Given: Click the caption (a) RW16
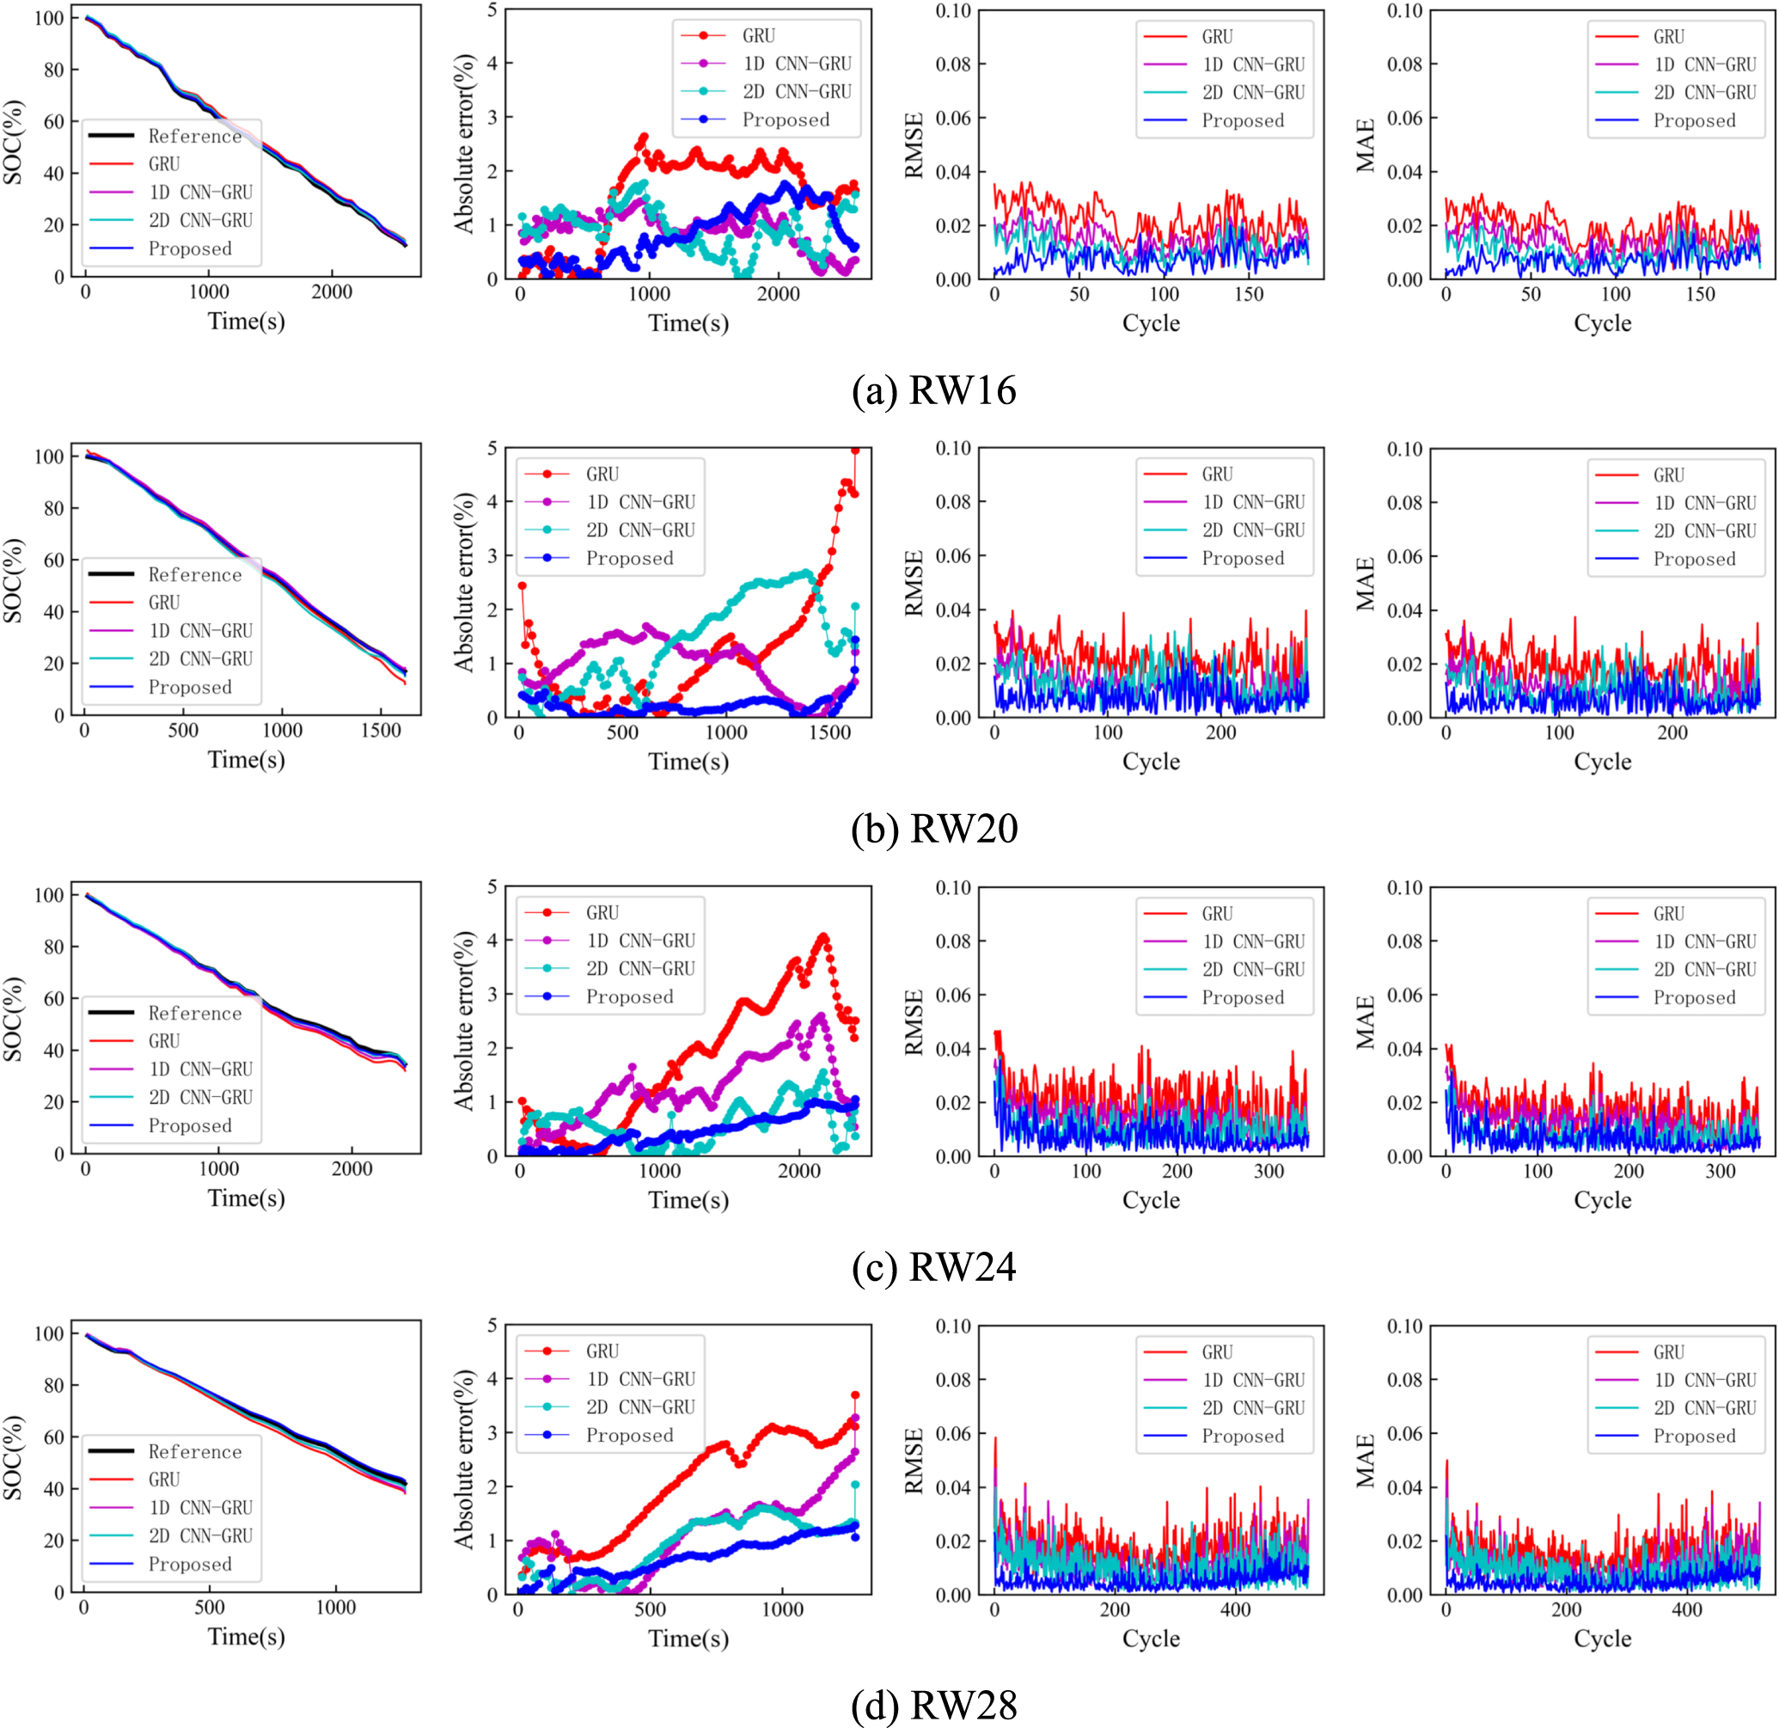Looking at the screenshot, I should (934, 390).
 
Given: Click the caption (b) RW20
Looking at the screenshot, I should (934, 828).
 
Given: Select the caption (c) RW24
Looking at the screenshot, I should (934, 1266).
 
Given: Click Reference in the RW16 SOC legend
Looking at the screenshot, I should (194, 136).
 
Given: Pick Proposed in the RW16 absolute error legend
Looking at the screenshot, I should (786, 119).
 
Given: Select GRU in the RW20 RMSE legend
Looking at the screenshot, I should (1217, 474).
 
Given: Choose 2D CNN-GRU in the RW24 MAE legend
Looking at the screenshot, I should (1704, 970).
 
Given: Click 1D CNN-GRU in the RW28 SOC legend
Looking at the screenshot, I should (200, 1507).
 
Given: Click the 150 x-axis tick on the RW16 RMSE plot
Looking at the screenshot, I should (1249, 294).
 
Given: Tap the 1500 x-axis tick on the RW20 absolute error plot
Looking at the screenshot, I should (829, 732).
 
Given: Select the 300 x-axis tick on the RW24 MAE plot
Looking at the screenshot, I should (1721, 1172).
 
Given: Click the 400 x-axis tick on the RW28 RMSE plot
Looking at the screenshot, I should (1235, 1610).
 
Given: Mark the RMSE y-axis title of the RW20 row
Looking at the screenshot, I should (914, 583).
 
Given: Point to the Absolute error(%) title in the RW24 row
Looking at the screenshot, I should (465, 1020).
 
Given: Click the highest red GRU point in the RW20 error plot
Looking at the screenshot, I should (855, 450).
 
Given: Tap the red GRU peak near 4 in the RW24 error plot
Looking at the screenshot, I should (823, 937).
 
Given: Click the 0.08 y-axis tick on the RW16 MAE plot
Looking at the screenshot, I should (1404, 64).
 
